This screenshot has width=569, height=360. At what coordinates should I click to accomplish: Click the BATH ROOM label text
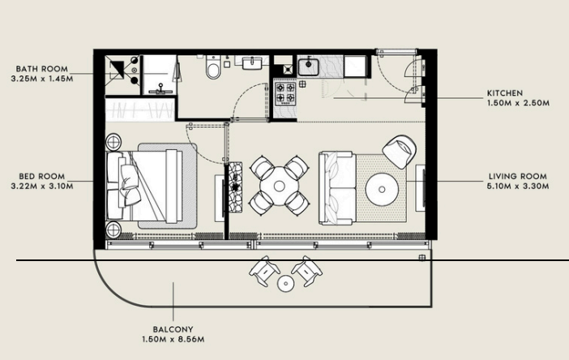click(41, 69)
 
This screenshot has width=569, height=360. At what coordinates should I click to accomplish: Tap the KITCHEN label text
click(505, 93)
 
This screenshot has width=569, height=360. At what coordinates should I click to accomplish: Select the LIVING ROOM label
click(517, 177)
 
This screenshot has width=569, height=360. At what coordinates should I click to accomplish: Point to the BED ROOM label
click(42, 177)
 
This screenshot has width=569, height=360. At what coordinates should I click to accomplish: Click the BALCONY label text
click(173, 329)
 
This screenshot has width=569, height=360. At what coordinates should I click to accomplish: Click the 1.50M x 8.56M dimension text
click(173, 339)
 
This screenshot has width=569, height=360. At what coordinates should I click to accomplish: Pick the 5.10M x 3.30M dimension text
click(518, 186)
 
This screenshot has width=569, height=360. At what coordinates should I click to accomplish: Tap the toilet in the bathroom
click(213, 67)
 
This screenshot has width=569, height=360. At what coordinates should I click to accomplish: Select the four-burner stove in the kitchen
click(285, 93)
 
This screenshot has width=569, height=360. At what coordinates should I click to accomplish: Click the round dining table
click(279, 186)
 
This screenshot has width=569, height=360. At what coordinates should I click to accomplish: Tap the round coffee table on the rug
click(382, 190)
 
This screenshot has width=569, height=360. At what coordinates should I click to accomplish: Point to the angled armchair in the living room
click(400, 152)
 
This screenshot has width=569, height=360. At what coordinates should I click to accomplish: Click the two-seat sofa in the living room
click(337, 188)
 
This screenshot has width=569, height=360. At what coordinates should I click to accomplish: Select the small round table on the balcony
click(285, 283)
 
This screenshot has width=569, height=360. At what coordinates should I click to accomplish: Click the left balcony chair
click(264, 271)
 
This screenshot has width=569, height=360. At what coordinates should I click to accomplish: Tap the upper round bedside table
click(113, 142)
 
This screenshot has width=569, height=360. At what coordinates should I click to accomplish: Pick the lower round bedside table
click(113, 229)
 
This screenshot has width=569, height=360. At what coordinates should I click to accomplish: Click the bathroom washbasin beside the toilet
click(252, 62)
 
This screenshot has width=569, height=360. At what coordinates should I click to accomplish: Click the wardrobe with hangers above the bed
click(140, 109)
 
